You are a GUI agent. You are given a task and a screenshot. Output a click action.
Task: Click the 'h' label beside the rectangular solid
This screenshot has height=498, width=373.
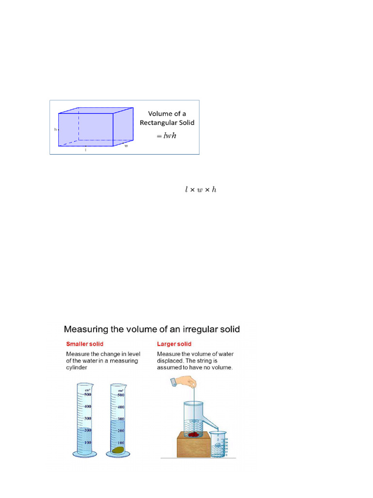(55, 130)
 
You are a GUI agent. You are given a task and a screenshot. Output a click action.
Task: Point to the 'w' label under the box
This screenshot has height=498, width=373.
(126, 145)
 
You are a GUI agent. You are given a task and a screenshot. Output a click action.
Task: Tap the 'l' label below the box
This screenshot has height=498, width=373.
(86, 150)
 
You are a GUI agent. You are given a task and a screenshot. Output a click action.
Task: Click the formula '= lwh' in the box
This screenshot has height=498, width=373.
(166, 136)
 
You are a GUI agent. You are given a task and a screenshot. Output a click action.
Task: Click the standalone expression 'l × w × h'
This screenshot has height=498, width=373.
(201, 189)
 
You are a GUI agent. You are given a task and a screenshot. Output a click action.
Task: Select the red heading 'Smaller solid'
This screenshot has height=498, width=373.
(83, 344)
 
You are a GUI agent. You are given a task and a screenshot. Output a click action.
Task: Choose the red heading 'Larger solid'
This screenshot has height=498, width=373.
(174, 344)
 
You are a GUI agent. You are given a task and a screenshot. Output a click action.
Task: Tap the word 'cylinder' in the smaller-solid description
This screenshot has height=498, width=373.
(78, 368)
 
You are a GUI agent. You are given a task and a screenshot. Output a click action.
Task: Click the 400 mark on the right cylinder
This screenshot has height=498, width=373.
(121, 407)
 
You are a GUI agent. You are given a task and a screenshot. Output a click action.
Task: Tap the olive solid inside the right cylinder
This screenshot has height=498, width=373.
(118, 450)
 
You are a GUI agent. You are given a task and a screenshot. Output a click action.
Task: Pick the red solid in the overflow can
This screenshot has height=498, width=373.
(194, 434)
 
